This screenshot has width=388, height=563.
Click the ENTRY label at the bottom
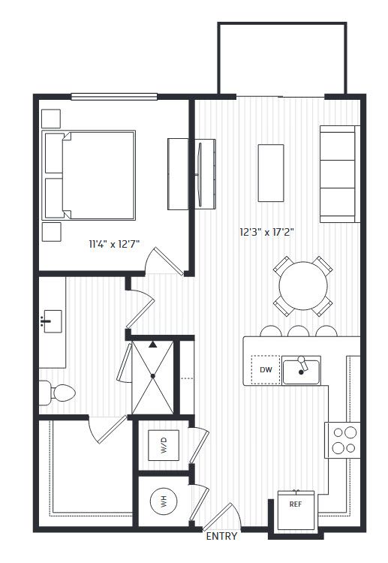pyautogui.click(x=221, y=536)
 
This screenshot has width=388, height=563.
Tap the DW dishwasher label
pyautogui.click(x=266, y=369)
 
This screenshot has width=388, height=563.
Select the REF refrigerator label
pyautogui.click(x=296, y=504)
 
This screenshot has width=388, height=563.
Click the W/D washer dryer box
pyautogui.click(x=164, y=445)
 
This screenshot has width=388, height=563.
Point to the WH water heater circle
pyautogui.click(x=164, y=501)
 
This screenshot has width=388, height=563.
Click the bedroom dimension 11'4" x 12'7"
pyautogui.click(x=114, y=244)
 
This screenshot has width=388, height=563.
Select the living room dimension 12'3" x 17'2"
pyautogui.click(x=266, y=232)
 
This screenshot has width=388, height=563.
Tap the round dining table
pyautogui.click(x=303, y=286)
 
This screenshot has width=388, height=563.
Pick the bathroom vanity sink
pyautogui.click(x=52, y=321)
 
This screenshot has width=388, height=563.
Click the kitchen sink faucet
pyautogui.click(x=302, y=365)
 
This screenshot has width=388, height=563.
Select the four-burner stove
pyautogui.click(x=342, y=440)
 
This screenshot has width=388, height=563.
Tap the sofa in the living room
pyautogui.click(x=339, y=174)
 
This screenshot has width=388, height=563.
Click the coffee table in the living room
pyautogui.click(x=271, y=173)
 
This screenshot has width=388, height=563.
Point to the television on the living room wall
pyautogui.click(x=199, y=175)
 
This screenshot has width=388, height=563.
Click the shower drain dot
pyautogui.click(x=153, y=376)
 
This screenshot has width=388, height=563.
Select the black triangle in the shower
pyautogui.click(x=153, y=345)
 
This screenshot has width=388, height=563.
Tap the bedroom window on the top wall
pyautogui.click(x=114, y=97)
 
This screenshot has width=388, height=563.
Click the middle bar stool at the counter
pyautogui.click(x=298, y=331)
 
